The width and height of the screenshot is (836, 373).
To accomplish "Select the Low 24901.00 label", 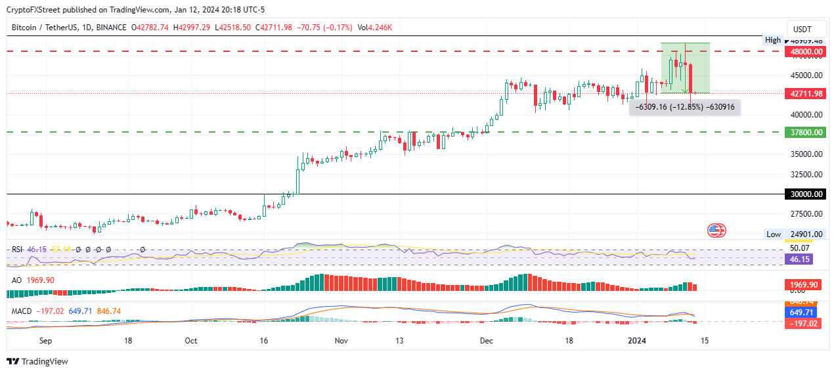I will pos(795,234).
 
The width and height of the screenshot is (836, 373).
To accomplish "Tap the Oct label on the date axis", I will pos(191,341).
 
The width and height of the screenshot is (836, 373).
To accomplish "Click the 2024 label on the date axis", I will pos(638,341).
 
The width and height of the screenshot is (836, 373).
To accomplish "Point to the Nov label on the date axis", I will pos(341,341).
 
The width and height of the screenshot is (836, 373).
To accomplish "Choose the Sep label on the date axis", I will pos(45,341).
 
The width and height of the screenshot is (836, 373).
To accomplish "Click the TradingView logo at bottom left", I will pos(37,361).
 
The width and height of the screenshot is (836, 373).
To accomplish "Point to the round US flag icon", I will pos(716,230).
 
